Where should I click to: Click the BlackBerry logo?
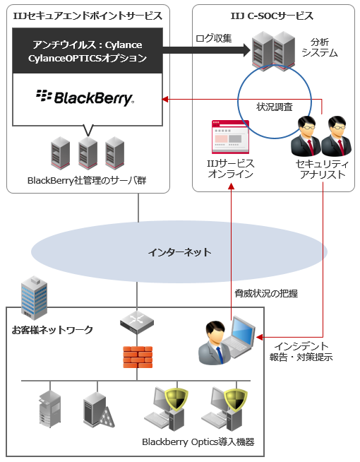pos(85,97)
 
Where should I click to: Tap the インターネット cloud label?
pos(179,252)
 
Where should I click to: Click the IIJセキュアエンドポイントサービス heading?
pos(88,16)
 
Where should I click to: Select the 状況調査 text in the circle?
pos(275,106)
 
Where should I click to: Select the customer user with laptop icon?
pos(224,342)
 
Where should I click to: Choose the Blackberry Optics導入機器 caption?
pos(198,442)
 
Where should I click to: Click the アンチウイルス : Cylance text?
pos(88,45)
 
